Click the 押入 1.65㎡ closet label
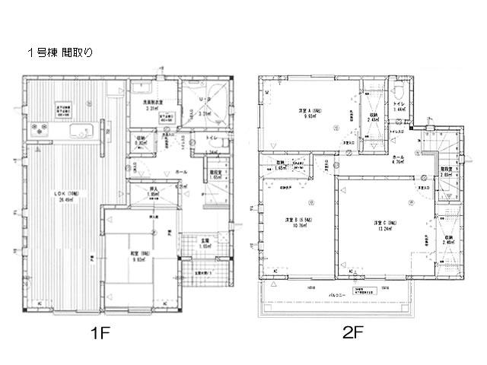[x=151, y=193]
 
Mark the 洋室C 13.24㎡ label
[x=382, y=226]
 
